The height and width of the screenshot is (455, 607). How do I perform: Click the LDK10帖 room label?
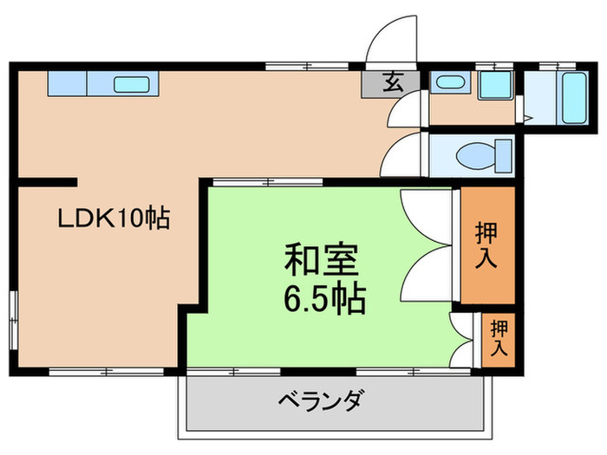(113, 218)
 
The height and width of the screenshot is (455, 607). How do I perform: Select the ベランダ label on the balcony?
(321, 401)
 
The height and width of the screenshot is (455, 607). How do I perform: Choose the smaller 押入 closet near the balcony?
(499, 339)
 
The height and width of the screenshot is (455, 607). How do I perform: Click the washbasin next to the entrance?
(448, 84)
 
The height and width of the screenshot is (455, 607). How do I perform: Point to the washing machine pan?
(497, 85)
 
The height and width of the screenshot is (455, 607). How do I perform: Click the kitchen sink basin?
(132, 84)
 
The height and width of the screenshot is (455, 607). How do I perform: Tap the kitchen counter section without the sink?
(67, 84)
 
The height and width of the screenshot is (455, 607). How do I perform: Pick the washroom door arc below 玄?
(404, 111)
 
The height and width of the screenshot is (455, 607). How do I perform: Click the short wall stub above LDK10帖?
(48, 182)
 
